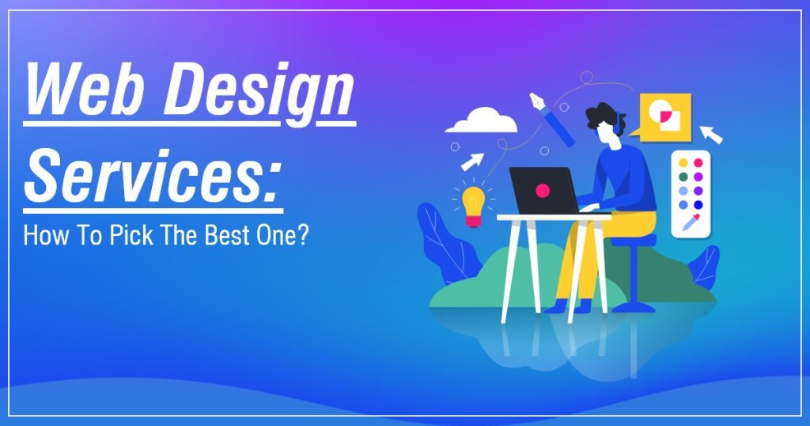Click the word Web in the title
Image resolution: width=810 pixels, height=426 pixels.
coord(76,92)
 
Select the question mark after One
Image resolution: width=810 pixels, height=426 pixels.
coord(301,238)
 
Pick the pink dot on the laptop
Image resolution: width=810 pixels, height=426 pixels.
coord(543,190)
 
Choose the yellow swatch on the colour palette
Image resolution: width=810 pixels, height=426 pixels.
coord(683,163)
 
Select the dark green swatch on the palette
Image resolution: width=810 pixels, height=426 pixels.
coord(683,177)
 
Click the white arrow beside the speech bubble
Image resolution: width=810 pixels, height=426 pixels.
coord(711,134)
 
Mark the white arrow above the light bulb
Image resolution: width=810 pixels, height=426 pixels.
coord(473,162)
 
